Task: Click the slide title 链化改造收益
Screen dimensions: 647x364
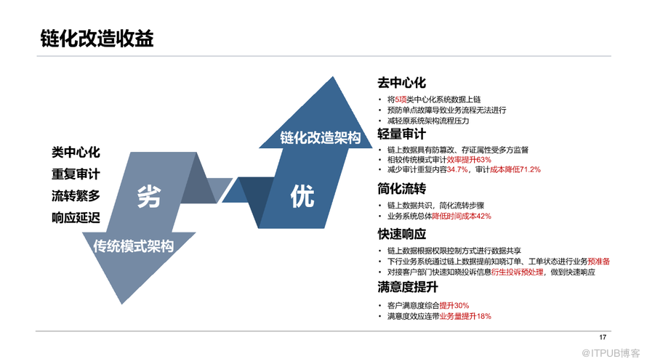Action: [97, 39]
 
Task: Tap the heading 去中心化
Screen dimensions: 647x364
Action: [401, 83]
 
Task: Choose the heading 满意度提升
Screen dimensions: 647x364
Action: [408, 287]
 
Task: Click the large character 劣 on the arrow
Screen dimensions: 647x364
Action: [149, 196]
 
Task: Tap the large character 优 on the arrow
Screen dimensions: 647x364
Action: [302, 196]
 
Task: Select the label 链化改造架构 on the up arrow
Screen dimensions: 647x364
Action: [320, 138]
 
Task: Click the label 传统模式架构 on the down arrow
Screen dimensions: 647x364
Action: [133, 246]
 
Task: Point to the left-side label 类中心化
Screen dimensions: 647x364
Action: [76, 153]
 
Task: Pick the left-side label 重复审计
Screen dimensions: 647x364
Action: [76, 174]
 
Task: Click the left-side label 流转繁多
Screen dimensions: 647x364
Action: [76, 196]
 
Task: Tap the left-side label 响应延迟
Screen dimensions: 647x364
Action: [76, 218]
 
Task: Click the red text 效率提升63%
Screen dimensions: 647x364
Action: [469, 160]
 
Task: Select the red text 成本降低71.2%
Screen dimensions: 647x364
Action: [515, 169]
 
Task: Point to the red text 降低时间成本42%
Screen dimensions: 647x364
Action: [462, 216]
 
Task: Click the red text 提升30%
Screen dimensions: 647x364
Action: [454, 305]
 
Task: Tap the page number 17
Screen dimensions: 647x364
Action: [603, 337]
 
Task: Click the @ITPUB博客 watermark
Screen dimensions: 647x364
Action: [611, 353]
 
